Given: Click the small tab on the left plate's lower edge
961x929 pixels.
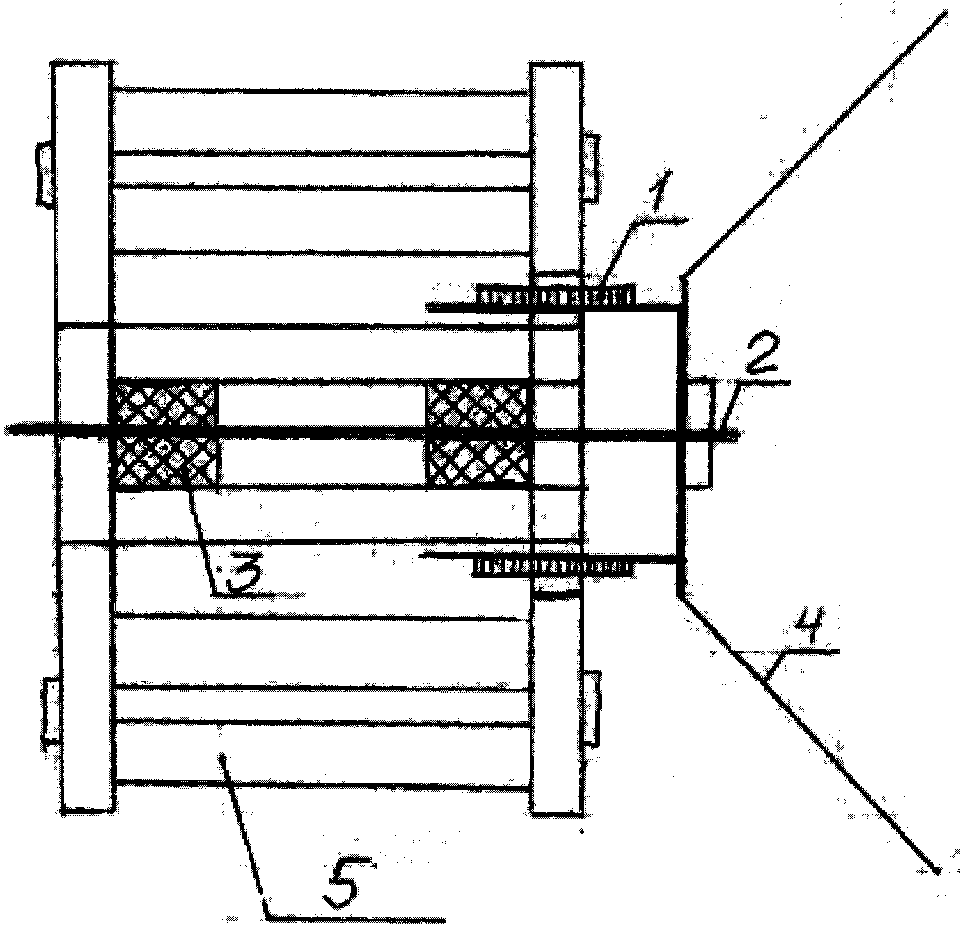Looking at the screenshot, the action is coord(51,712).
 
